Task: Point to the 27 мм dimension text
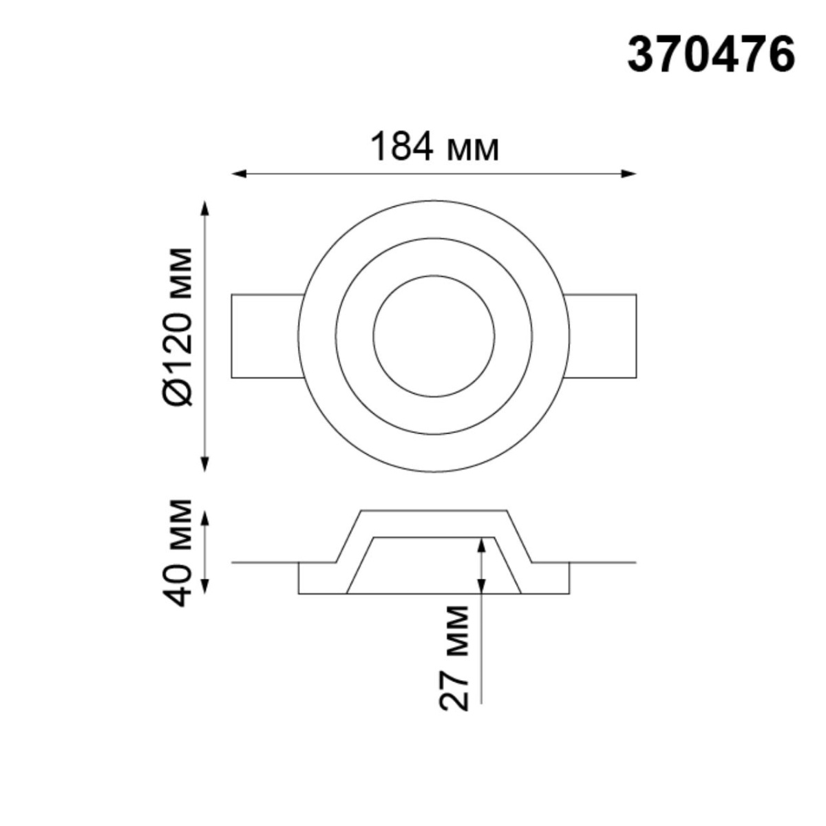(x=454, y=657)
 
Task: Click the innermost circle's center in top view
(x=434, y=336)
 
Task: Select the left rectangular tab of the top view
(x=266, y=336)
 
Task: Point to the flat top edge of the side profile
(x=434, y=510)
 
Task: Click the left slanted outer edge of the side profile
(x=349, y=536)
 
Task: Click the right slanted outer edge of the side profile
(x=520, y=536)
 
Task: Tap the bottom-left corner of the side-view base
(x=299, y=593)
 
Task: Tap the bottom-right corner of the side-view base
(x=569, y=593)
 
